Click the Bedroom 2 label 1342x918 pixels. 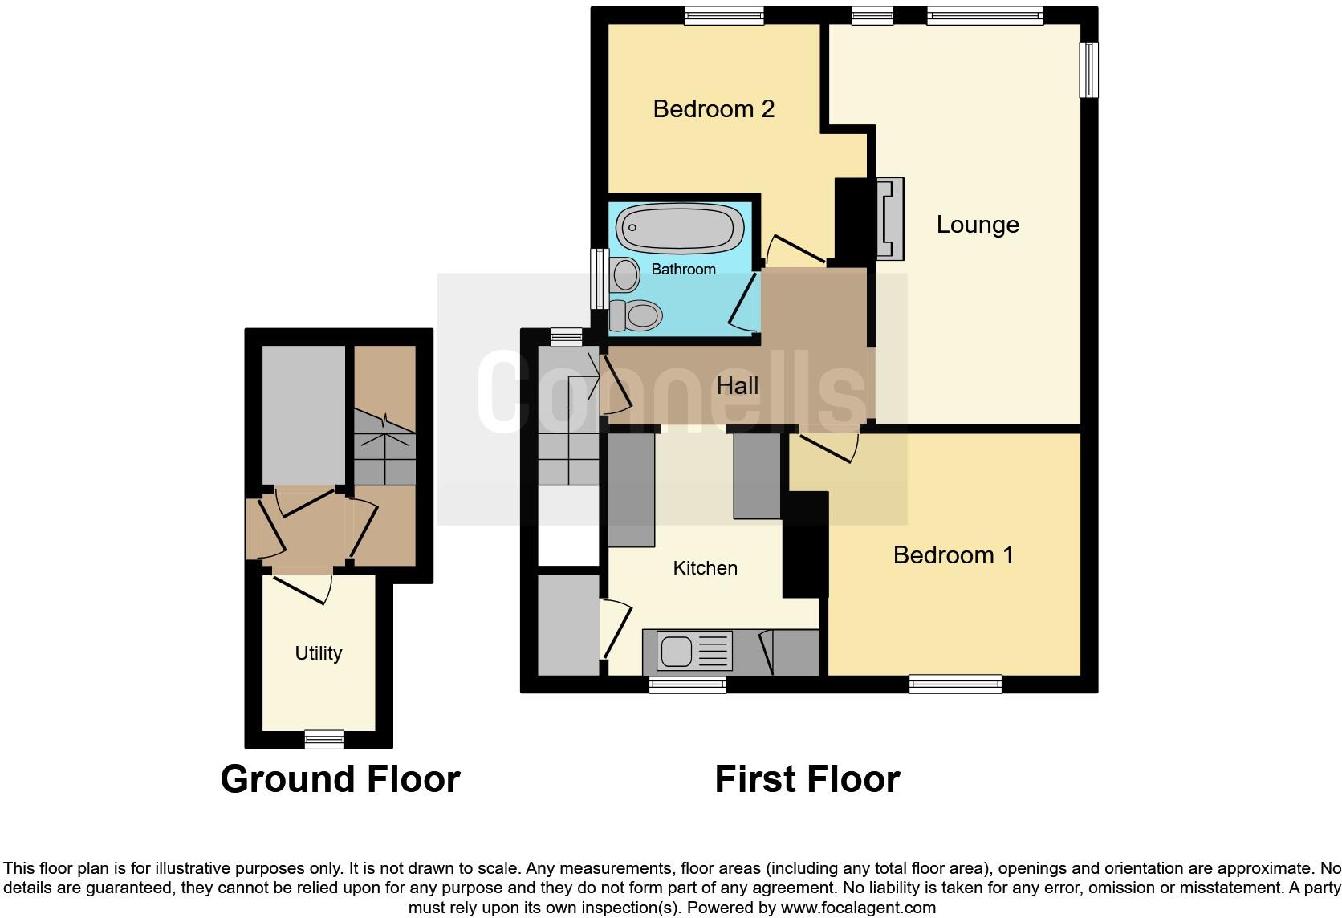tap(714, 108)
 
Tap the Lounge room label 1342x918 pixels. tap(977, 225)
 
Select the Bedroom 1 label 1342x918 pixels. tap(953, 554)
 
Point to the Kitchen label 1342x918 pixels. tap(705, 568)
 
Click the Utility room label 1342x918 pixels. tap(318, 653)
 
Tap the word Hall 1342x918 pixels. tap(737, 386)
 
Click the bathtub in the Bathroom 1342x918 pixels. tap(681, 226)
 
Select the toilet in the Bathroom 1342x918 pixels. tap(635, 315)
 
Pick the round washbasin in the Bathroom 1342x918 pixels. tap(624, 275)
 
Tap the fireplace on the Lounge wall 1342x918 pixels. tap(890, 218)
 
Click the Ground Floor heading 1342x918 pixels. tap(340, 779)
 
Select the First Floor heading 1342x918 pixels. tap(807, 779)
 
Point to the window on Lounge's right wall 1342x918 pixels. tap(1088, 70)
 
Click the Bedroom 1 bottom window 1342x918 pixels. tap(955, 684)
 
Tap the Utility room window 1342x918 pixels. tap(324, 739)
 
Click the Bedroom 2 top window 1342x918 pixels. tap(723, 15)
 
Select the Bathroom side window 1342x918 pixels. tap(599, 278)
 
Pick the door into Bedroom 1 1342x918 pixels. tap(827, 446)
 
